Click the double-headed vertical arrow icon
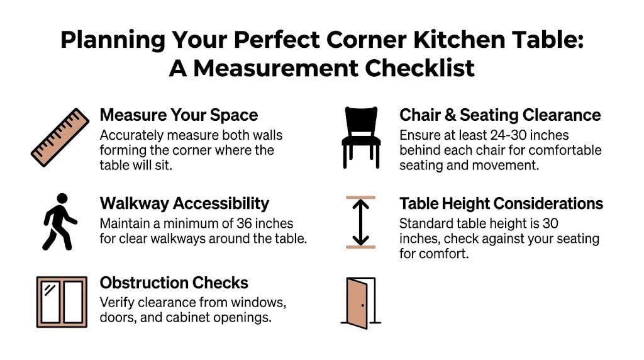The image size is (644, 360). tap(360, 222)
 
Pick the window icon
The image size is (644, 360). tap(62, 302)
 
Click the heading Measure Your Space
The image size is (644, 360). tap(179, 115)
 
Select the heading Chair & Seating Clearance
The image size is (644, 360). tap(500, 115)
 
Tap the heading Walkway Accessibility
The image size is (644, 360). tap(184, 203)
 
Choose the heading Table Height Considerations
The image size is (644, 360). tap(501, 203)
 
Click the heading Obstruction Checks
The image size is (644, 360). tap(174, 283)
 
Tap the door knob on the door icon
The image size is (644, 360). tap(363, 306)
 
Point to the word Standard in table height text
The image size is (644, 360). tap(424, 223)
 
